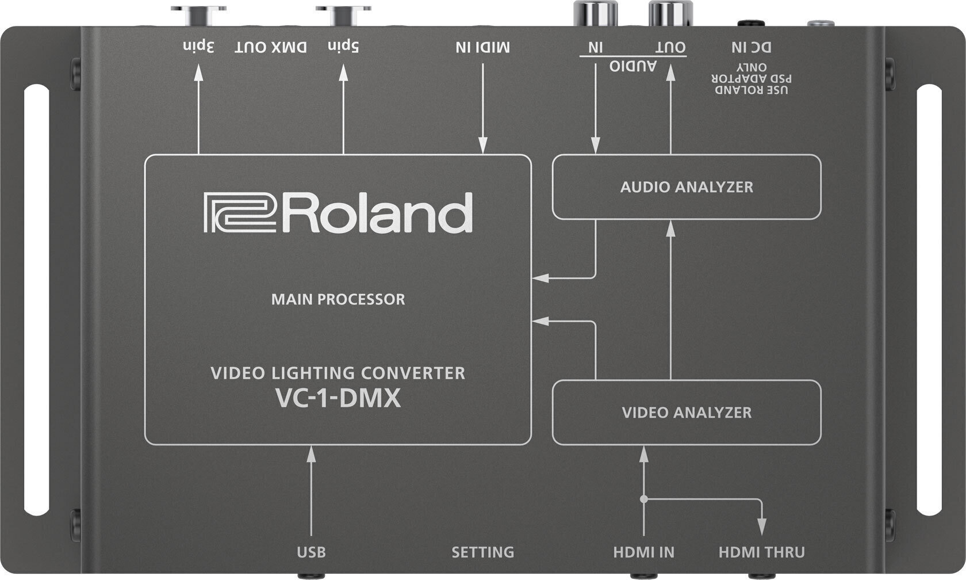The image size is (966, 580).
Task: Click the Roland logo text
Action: [338, 213]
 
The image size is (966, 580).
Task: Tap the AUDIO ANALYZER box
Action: [687, 187]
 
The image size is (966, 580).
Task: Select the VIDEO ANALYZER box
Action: [687, 413]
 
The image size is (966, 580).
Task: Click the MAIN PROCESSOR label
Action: [338, 299]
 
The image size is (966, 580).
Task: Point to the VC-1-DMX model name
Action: [338, 399]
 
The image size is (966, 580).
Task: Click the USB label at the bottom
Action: [311, 552]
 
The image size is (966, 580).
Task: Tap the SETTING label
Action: [482, 552]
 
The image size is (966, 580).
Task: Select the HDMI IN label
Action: [643, 552]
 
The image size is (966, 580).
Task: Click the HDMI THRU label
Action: [761, 552]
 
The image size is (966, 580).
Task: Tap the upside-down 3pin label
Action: [199, 47]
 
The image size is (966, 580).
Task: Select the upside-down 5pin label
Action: [343, 47]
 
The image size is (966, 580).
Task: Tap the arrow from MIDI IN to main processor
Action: [482, 109]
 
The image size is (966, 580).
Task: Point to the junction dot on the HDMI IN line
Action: [643, 499]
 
